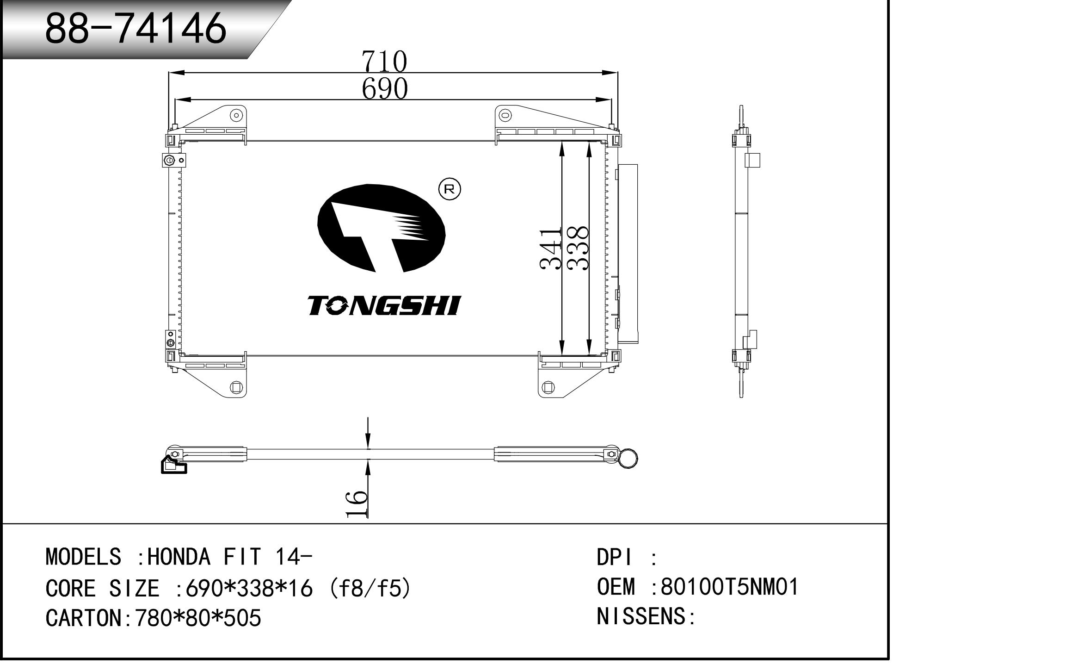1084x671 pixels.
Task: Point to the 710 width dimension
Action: (x=384, y=61)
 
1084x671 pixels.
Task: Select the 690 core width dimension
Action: (x=385, y=88)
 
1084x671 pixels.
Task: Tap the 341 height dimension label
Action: (x=550, y=249)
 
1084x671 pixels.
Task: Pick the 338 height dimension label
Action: (x=577, y=249)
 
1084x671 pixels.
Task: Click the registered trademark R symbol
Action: (x=450, y=189)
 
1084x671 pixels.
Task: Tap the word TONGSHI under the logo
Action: (x=384, y=306)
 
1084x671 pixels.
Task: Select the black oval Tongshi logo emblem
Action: (x=382, y=228)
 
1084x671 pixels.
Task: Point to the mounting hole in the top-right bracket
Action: (x=505, y=115)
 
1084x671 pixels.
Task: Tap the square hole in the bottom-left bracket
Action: (x=236, y=387)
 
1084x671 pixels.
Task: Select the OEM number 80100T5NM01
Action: (x=730, y=587)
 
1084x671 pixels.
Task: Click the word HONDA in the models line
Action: (x=179, y=557)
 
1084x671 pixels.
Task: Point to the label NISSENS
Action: (x=643, y=616)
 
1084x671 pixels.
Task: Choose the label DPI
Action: (x=614, y=557)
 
